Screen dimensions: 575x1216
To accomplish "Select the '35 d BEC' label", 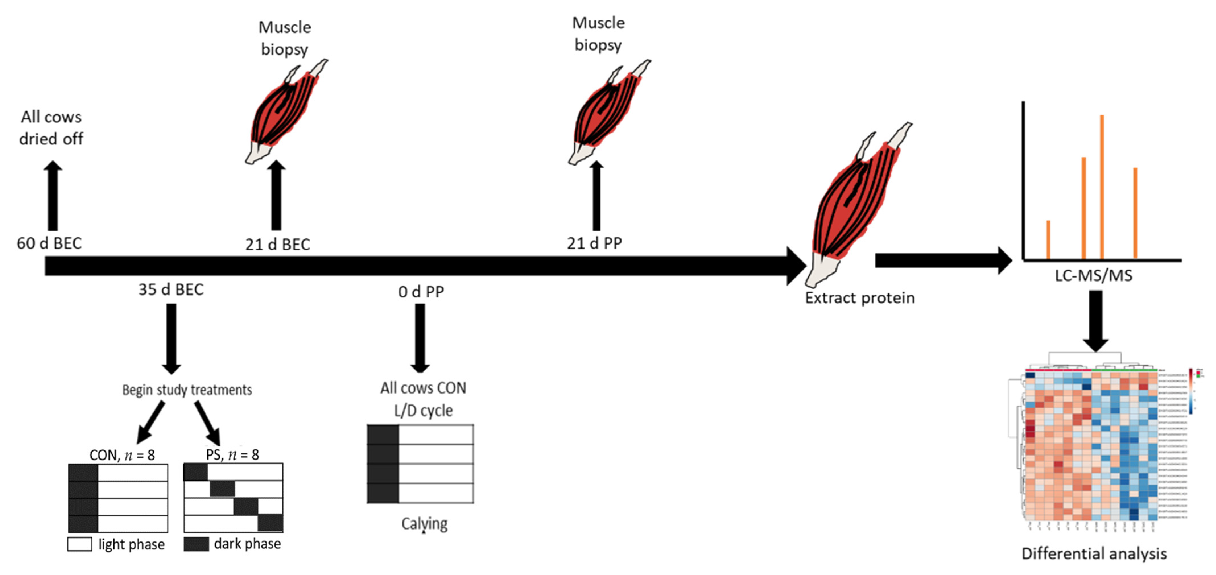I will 171,289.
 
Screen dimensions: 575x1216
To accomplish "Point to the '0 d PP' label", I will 421,292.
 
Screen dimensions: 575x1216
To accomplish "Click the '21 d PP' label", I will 594,243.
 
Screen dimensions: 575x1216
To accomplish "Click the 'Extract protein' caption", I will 860,298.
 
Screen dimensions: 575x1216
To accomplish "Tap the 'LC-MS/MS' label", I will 1093,275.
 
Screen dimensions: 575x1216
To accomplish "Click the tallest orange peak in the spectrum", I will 1102,187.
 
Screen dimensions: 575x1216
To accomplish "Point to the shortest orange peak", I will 1048,239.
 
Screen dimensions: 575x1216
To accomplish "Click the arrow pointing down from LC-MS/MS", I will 1095,321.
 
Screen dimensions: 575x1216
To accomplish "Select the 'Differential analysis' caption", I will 1094,553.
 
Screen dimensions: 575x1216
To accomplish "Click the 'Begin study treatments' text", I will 187,390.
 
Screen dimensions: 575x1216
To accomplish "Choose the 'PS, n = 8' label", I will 232,455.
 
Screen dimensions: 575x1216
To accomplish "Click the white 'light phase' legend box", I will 79,544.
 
